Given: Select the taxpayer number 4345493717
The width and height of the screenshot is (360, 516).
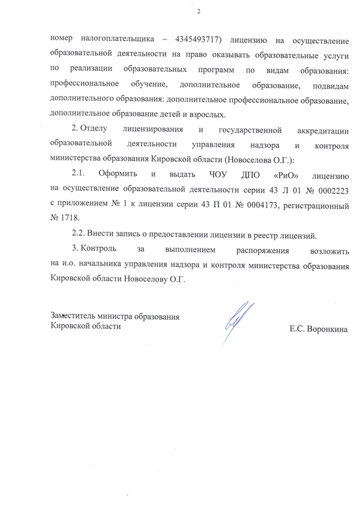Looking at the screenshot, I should [x=199, y=40].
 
